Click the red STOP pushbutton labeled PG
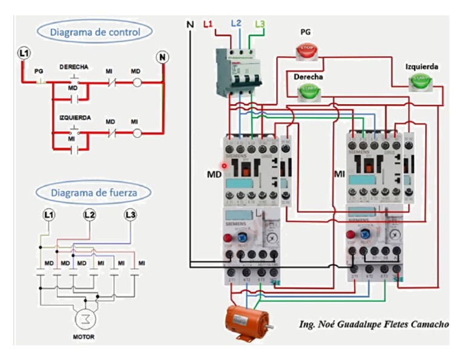[x=307, y=50]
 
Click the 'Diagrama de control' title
[x=95, y=32]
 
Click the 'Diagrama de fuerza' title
[x=93, y=193]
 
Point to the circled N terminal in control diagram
[x=162, y=58]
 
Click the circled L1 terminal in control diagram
[x=24, y=54]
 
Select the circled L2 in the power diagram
[x=89, y=215]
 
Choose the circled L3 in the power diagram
[x=130, y=215]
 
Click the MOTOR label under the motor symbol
[x=84, y=336]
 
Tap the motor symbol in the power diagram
[x=84, y=319]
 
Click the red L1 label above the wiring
[x=208, y=24]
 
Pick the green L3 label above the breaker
[x=260, y=24]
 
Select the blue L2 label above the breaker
[x=236, y=24]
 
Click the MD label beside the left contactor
[x=214, y=174]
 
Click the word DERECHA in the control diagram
[x=74, y=66]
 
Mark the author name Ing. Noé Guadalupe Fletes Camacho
[x=374, y=324]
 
